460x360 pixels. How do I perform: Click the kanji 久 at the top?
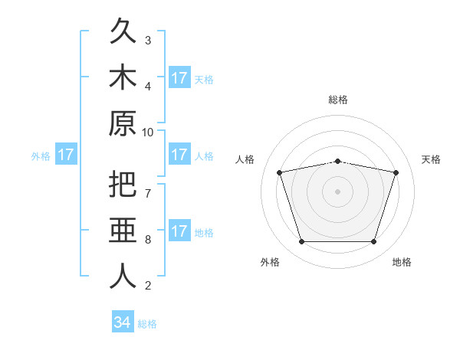click(123, 31)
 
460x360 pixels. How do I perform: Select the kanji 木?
click(123, 77)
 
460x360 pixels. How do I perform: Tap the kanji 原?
click(123, 123)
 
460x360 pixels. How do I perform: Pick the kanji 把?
click(123, 184)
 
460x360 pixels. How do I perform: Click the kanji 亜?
click(123, 230)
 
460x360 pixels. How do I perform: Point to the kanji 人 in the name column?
click(123, 276)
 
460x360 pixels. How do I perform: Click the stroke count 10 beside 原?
click(147, 133)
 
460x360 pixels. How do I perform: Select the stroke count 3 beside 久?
click(148, 41)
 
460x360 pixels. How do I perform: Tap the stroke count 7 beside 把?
click(148, 194)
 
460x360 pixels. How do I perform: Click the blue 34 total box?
click(123, 321)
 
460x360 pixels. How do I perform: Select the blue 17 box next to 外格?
click(66, 154)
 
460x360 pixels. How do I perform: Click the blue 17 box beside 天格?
click(180, 77)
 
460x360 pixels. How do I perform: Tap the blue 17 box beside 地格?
click(180, 230)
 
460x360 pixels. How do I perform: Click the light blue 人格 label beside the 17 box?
click(204, 156)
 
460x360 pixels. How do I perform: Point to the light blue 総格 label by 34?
click(147, 324)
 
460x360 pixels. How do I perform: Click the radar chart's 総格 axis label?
click(338, 100)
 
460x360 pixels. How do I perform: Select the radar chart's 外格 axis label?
click(270, 262)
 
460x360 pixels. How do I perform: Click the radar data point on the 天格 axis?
click(396, 172)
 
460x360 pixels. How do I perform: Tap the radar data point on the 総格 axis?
click(337, 162)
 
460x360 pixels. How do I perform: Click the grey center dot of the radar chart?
click(337, 191)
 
